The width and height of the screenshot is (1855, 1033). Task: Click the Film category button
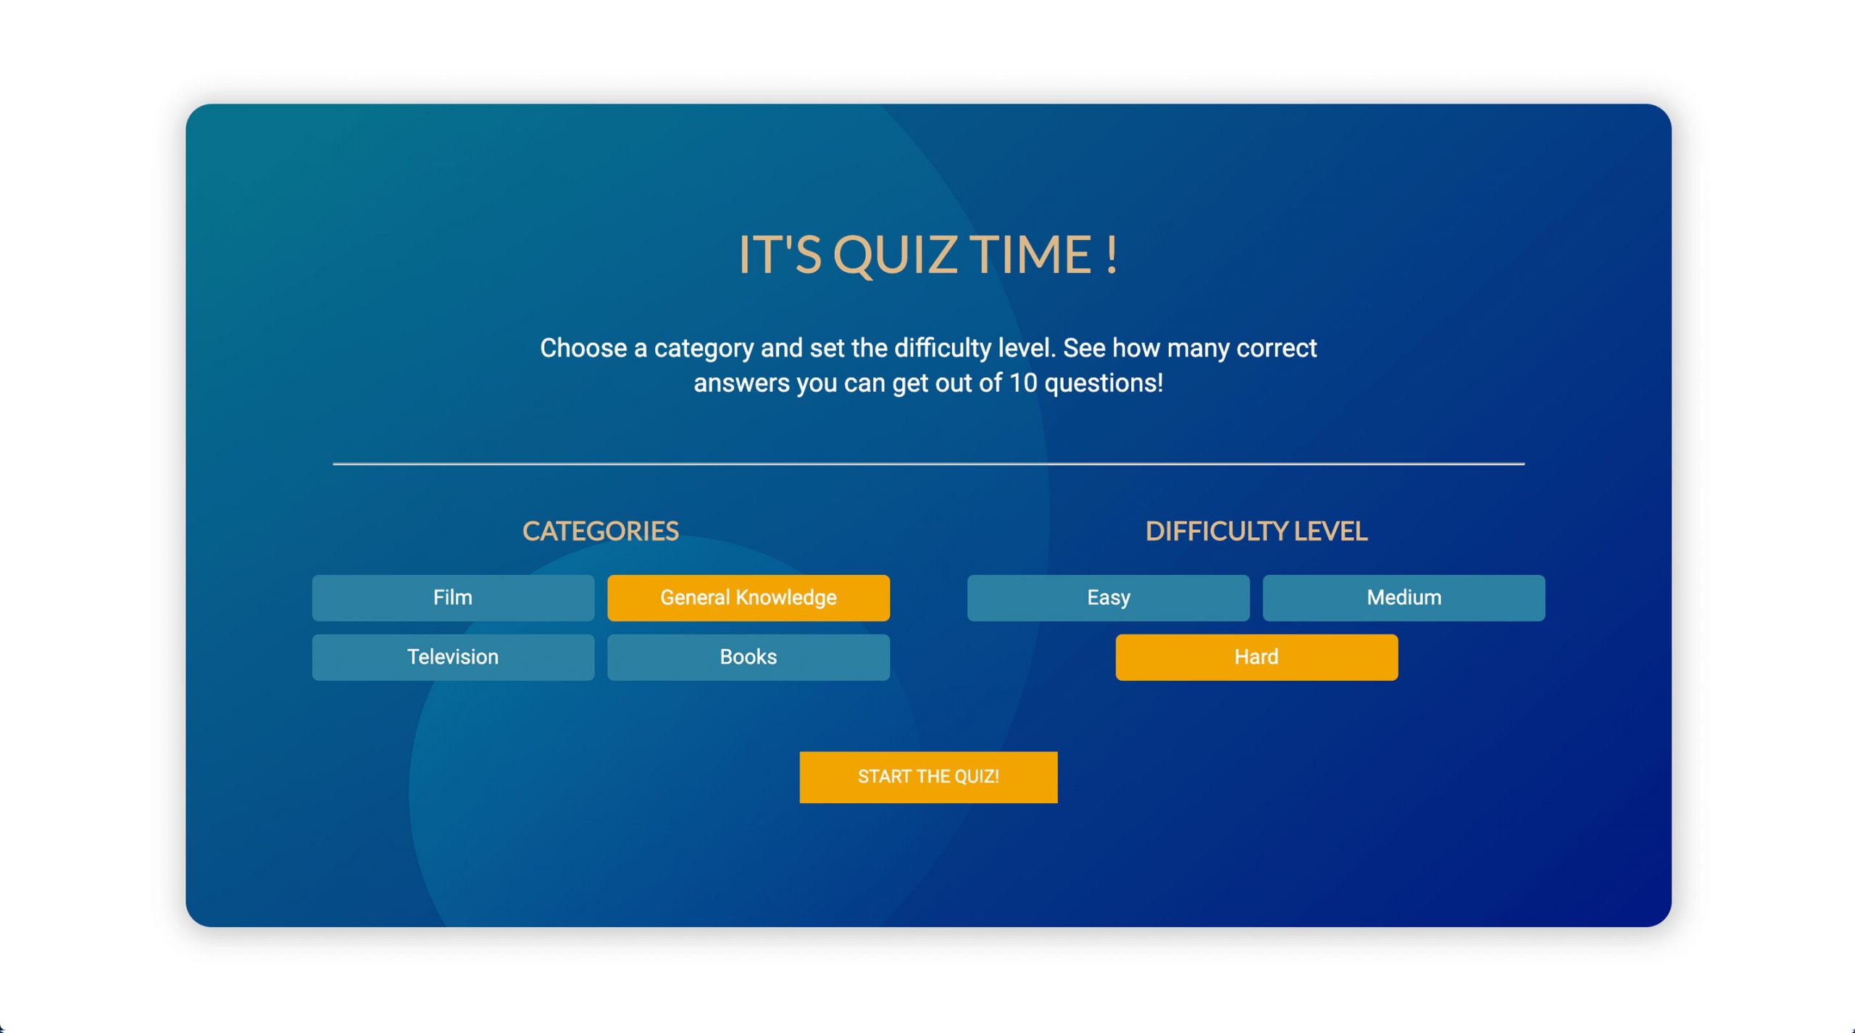pos(453,597)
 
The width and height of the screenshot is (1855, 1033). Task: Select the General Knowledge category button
pos(749,597)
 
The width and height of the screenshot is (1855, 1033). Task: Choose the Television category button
pos(453,657)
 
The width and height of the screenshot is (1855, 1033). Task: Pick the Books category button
pos(749,657)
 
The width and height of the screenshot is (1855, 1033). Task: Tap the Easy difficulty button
pos(1108,597)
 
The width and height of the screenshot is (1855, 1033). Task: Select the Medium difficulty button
pos(1404,597)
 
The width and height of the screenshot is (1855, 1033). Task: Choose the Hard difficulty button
pos(1256,657)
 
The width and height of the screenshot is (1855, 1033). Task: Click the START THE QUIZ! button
pos(928,776)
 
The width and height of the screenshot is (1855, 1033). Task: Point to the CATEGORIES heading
pos(601,531)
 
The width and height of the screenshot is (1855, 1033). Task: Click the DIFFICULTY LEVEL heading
pos(1256,531)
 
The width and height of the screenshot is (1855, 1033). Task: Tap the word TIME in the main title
pos(1031,254)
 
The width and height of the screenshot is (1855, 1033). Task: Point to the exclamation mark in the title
pos(1112,254)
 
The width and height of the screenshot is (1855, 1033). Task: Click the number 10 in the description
pos(1023,383)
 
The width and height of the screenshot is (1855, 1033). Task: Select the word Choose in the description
pos(583,348)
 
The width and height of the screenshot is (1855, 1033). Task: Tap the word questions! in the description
pos(1104,383)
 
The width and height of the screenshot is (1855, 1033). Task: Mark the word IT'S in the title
pos(780,254)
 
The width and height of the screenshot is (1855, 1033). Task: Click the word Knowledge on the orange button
pos(786,598)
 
